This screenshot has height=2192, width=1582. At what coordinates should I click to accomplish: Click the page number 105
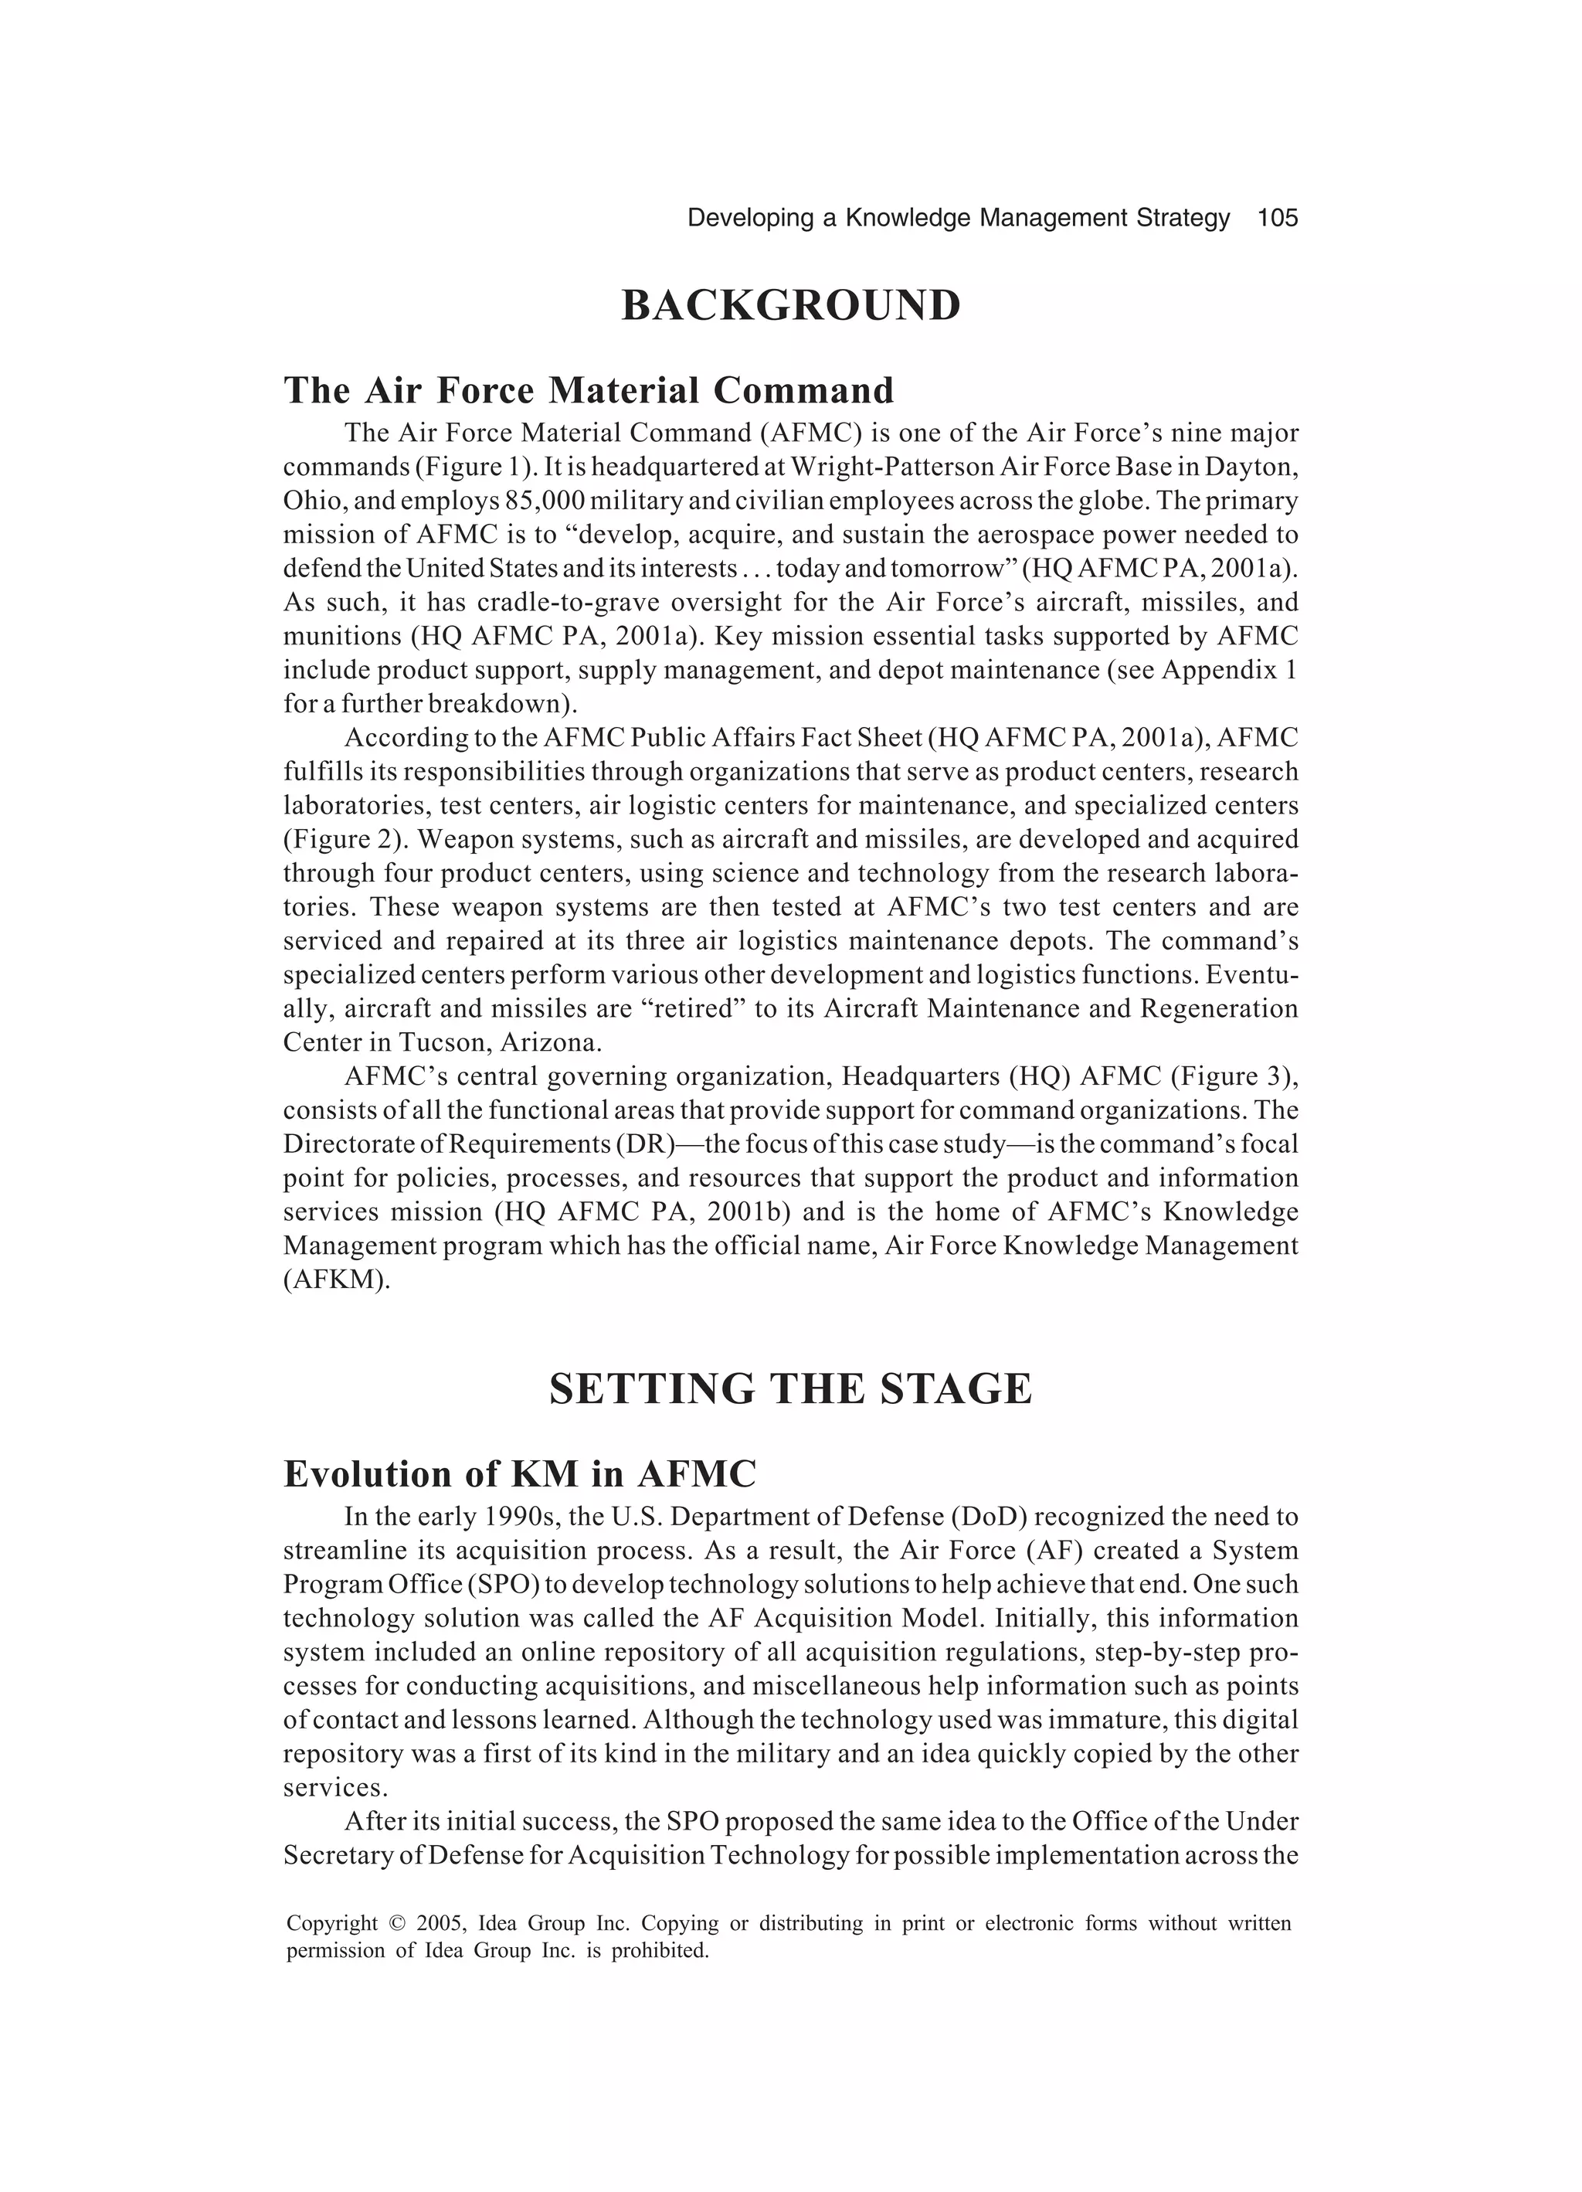click(x=1277, y=219)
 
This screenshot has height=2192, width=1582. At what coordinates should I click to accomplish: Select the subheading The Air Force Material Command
click(x=589, y=390)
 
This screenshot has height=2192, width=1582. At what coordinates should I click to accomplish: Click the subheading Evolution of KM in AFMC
click(x=519, y=1474)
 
